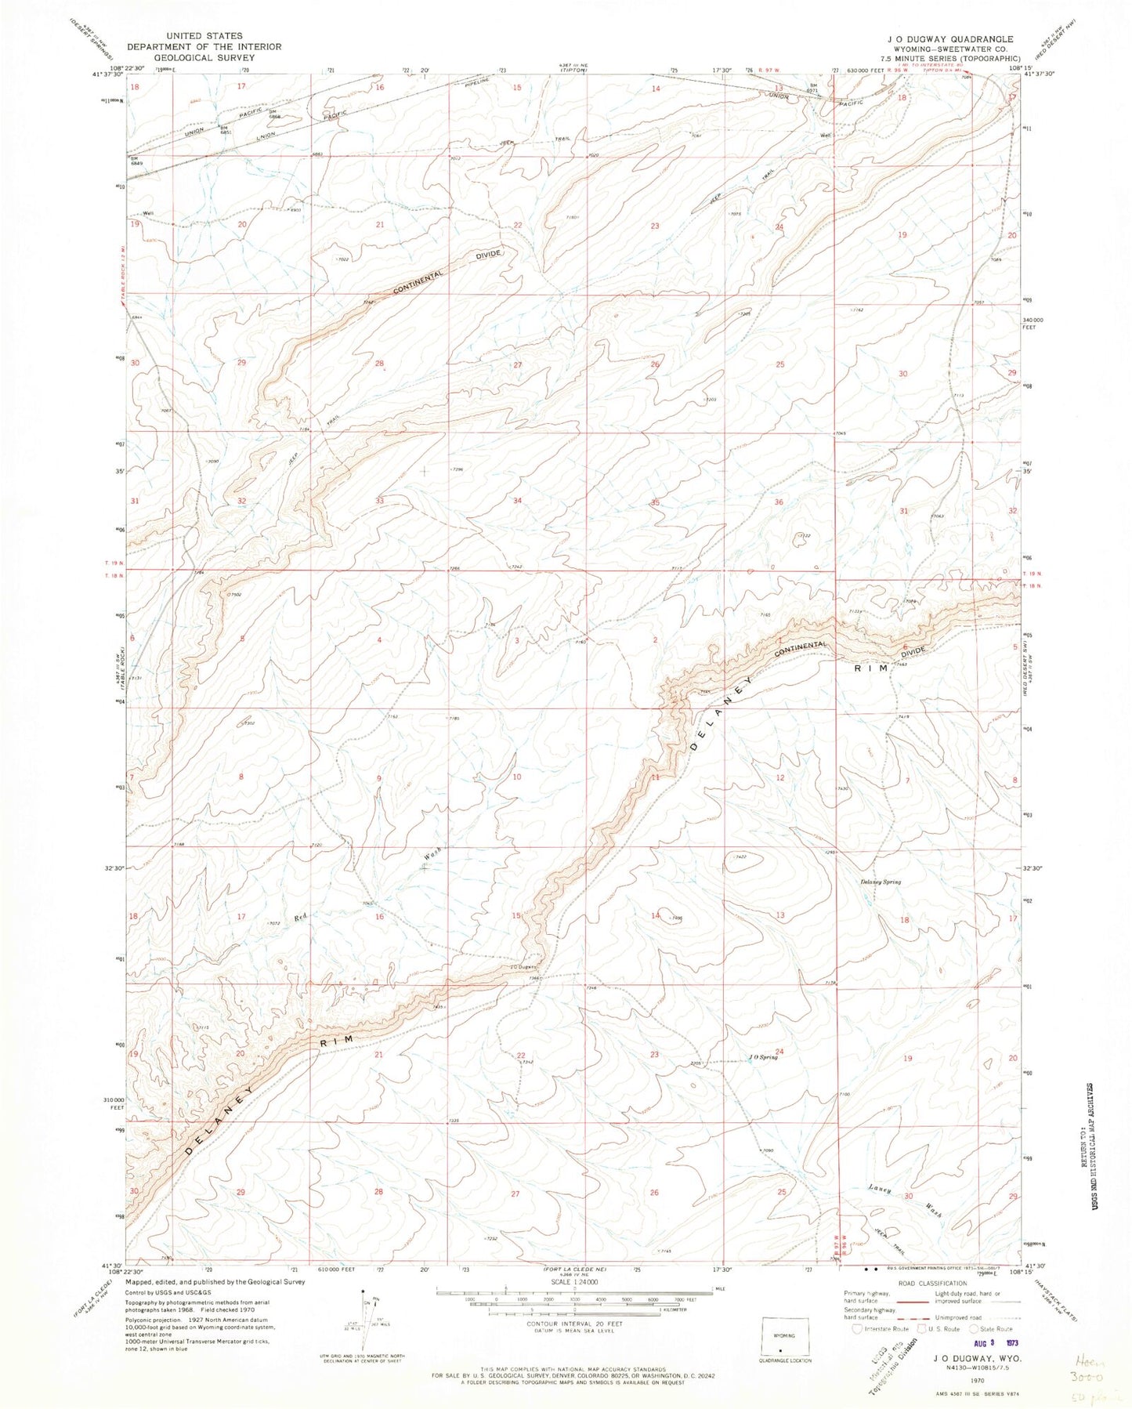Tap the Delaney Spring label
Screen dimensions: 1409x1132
pyautogui.click(x=881, y=882)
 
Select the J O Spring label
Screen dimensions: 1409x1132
pyautogui.click(x=762, y=1056)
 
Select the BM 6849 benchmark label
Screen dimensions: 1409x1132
pyautogui.click(x=135, y=161)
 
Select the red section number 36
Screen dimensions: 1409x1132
pyautogui.click(x=779, y=502)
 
